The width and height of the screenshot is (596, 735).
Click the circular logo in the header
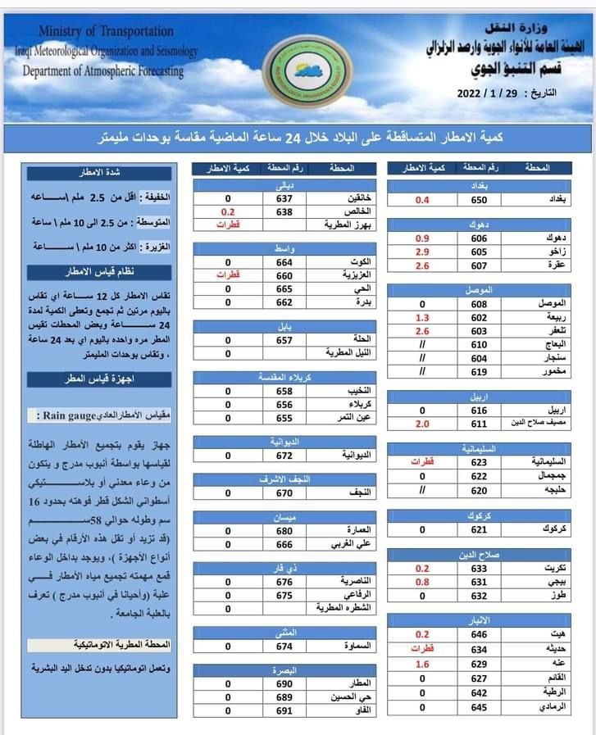(x=307, y=73)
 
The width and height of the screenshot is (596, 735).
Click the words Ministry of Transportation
(x=107, y=31)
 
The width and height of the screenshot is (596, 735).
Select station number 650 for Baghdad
(x=479, y=200)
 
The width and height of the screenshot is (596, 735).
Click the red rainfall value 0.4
(x=423, y=200)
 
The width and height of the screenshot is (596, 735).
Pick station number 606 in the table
(x=479, y=238)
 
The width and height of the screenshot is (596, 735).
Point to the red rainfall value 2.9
(x=423, y=252)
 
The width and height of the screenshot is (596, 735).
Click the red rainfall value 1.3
(x=423, y=317)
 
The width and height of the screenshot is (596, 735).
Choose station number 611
(x=479, y=424)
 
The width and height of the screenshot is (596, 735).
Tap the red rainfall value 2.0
(x=423, y=424)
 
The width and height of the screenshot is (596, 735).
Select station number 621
(x=479, y=529)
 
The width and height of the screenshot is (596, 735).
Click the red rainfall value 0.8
(x=423, y=582)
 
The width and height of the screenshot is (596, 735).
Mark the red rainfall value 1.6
(x=423, y=664)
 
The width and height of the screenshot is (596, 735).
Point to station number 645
(x=479, y=706)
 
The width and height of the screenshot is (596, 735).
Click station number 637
(x=284, y=198)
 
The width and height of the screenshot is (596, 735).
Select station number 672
(x=284, y=455)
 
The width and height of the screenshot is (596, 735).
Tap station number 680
(x=284, y=530)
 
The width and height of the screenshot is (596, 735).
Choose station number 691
(x=284, y=710)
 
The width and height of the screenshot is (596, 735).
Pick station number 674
(x=284, y=646)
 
